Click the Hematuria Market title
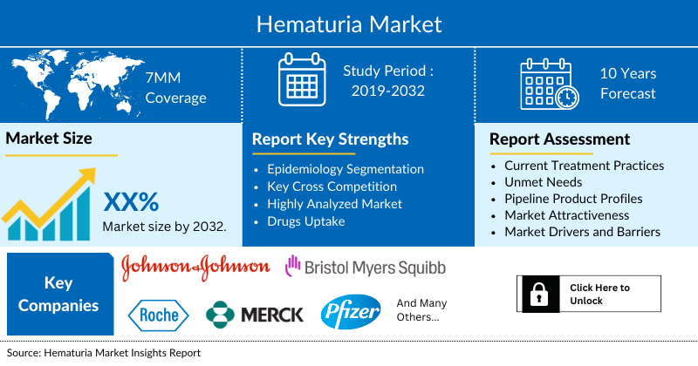tap(349, 23)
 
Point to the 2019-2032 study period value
tap(388, 93)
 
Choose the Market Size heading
tap(49, 138)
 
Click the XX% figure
tap(131, 202)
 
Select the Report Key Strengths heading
tap(330, 139)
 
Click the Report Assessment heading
tap(559, 139)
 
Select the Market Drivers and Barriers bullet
tap(583, 231)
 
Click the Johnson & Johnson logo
tap(195, 265)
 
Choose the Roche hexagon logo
tap(158, 314)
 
